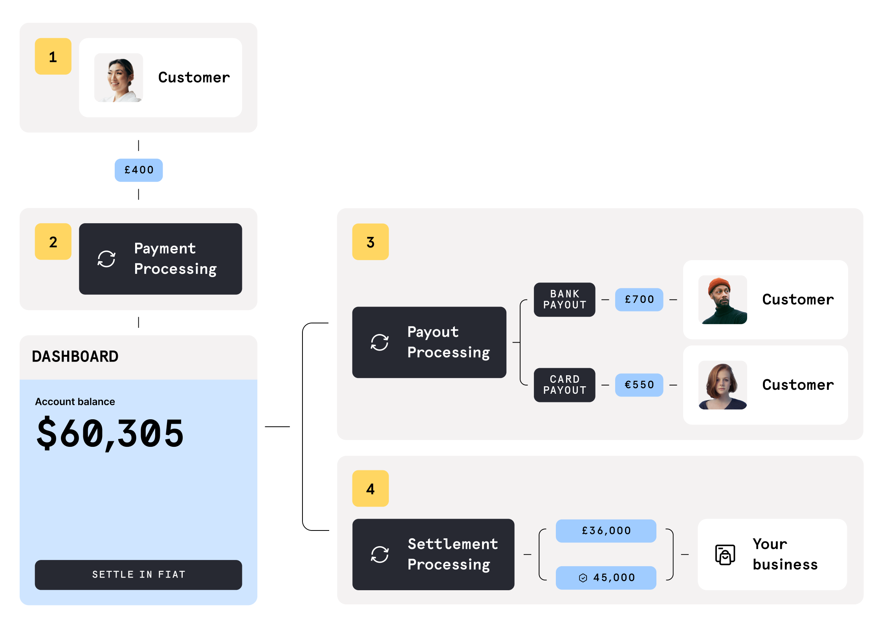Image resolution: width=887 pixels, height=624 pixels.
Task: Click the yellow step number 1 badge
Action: pos(53,57)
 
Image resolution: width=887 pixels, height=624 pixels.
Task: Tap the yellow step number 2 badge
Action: pos(53,242)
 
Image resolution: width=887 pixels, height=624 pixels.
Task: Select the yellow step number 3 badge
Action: pos(370,242)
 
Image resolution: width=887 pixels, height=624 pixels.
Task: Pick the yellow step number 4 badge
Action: pos(370,488)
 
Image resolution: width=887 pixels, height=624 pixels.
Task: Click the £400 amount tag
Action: pos(139,170)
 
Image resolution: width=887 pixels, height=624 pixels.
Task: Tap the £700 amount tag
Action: pos(639,299)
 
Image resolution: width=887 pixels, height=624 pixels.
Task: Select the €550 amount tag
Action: pos(639,385)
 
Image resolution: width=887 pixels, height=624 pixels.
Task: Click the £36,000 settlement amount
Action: pos(606,531)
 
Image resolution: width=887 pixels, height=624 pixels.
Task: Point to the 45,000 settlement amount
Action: pos(606,578)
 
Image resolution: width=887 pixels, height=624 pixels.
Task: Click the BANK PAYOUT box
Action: pos(564,299)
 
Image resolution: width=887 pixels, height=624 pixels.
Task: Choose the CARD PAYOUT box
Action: pos(564,385)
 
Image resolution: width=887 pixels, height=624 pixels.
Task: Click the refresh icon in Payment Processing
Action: pos(106,259)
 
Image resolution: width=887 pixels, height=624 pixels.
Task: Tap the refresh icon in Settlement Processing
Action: pos(380,554)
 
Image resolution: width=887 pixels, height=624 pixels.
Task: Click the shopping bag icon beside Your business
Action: pos(725,555)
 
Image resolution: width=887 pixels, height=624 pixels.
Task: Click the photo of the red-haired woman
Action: pos(722,385)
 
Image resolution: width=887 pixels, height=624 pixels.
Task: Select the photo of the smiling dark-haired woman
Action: pos(119,78)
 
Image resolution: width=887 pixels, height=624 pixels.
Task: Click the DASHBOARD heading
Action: pos(75,356)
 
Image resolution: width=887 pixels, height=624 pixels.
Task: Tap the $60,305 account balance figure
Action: pos(110,433)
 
